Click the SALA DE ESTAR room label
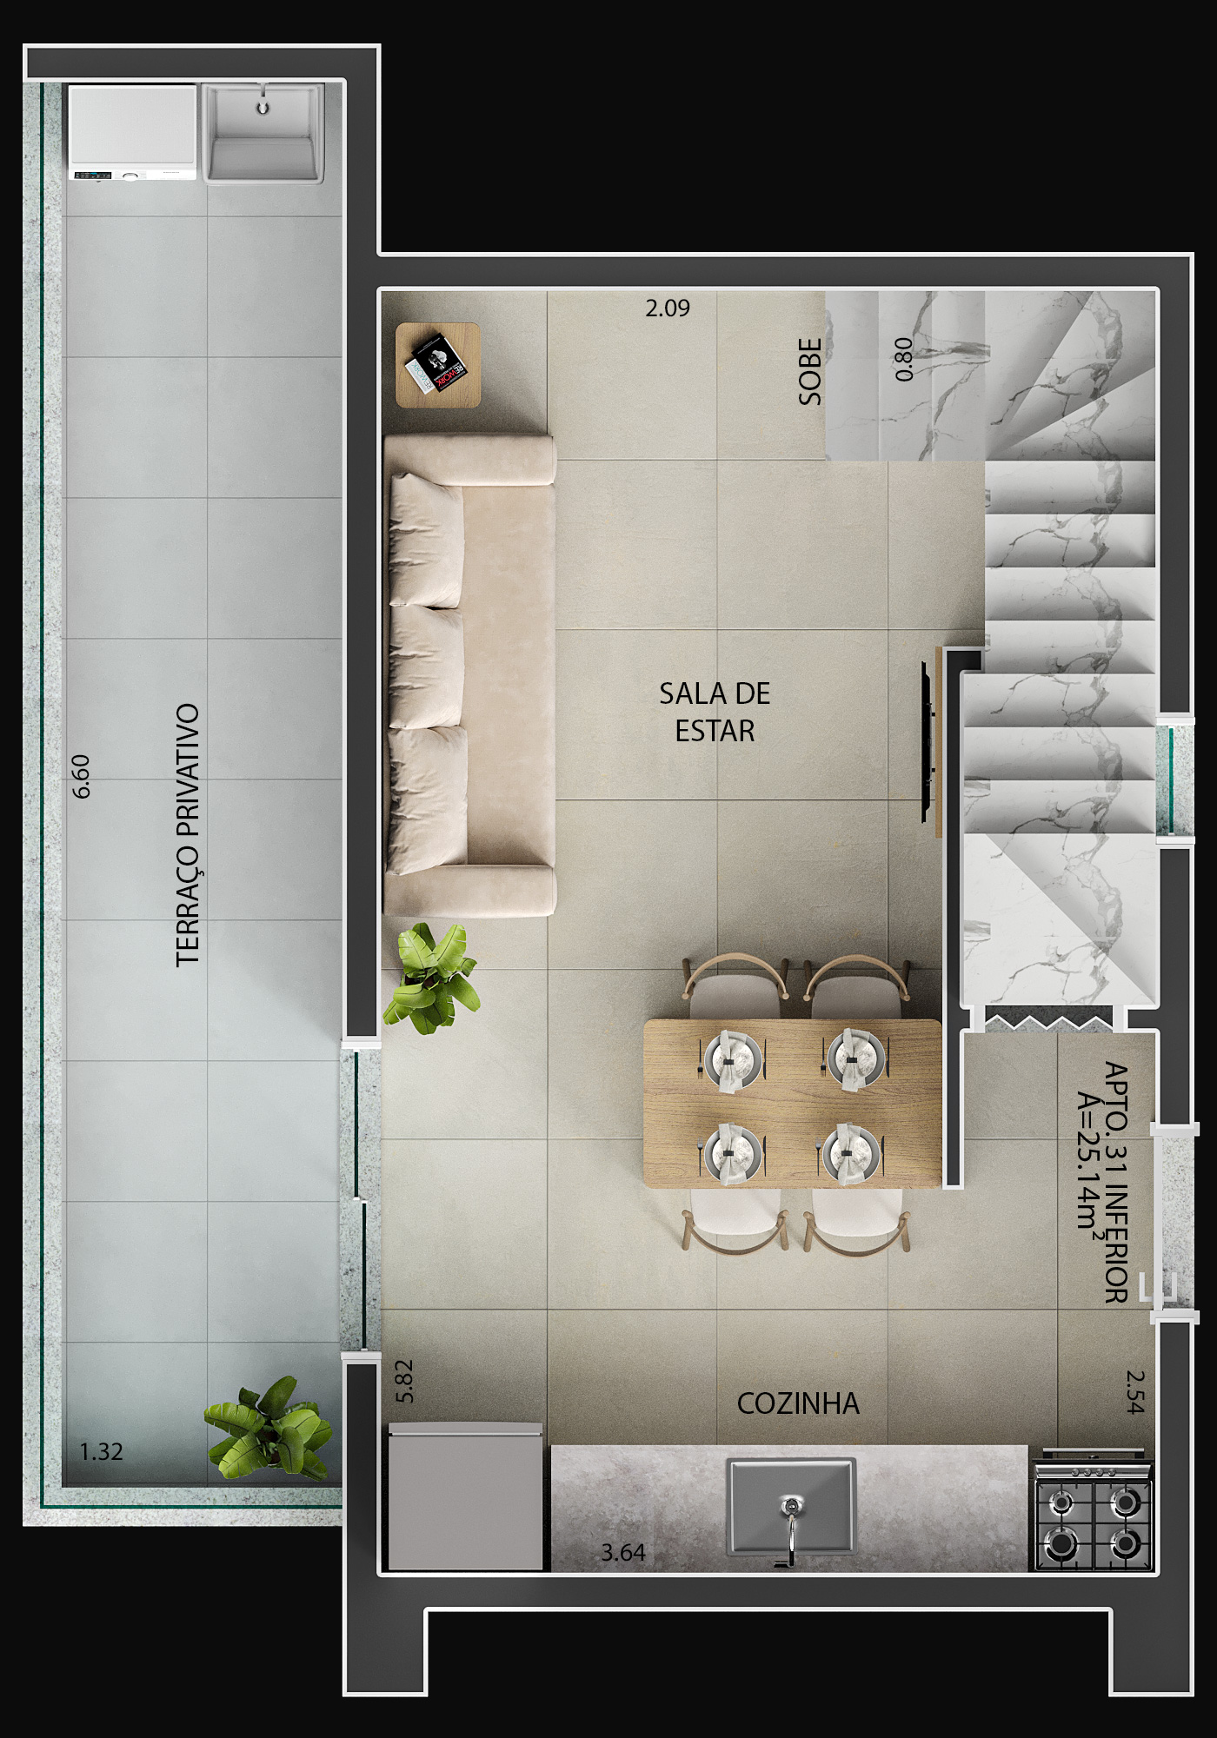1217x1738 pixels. [715, 712]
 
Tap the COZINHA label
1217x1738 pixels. [798, 1403]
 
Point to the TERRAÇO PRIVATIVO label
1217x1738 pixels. [188, 834]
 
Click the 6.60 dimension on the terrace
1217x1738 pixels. [81, 776]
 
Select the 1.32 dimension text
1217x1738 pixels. [101, 1451]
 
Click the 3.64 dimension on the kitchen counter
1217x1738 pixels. [623, 1552]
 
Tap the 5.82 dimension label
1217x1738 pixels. [404, 1381]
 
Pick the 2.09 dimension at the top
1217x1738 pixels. [668, 308]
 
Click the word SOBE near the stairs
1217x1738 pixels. [810, 372]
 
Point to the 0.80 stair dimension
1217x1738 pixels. [904, 359]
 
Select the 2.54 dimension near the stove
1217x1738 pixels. [1135, 1391]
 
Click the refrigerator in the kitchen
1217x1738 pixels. [466, 1496]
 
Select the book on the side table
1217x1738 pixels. [435, 364]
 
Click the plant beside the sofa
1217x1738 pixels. [431, 978]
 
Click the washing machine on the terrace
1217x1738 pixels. [133, 132]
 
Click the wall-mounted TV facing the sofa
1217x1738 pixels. [928, 741]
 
